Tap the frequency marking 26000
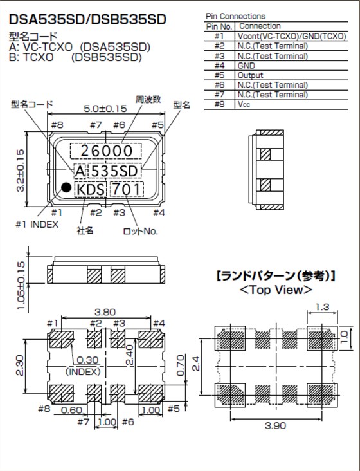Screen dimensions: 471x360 pyautogui.click(x=106, y=151)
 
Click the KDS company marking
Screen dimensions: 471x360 pyautogui.click(x=90, y=190)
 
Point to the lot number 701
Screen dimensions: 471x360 pyautogui.click(x=126, y=190)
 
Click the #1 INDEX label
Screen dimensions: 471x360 pyautogui.click(x=37, y=225)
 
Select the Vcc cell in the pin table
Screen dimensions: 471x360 pyautogui.click(x=244, y=104)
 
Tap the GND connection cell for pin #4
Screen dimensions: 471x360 pyautogui.click(x=246, y=66)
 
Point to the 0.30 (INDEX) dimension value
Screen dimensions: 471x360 pyautogui.click(x=88, y=360)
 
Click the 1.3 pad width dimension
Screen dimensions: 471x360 pyautogui.click(x=322, y=308)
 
